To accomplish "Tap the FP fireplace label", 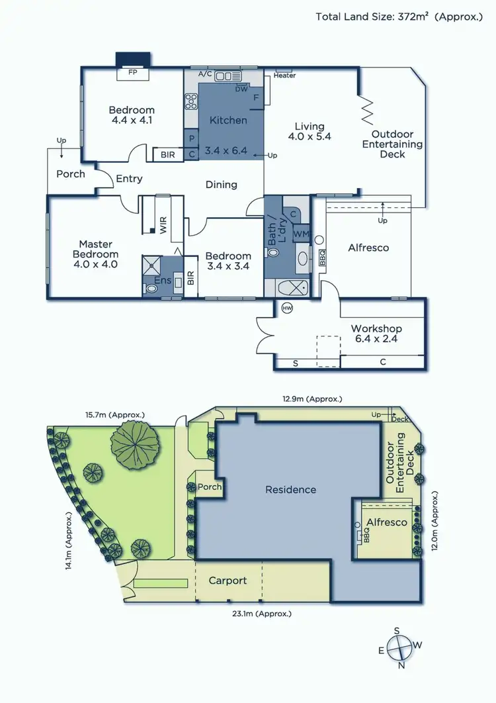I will [x=133, y=73].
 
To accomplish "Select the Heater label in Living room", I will [x=284, y=75].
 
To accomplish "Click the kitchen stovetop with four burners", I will [x=192, y=101].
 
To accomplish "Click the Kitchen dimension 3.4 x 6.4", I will [x=226, y=150].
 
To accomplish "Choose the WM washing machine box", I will [x=301, y=234].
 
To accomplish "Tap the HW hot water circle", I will [x=287, y=308].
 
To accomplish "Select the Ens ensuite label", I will [x=163, y=281].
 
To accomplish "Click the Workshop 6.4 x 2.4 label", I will [x=376, y=334].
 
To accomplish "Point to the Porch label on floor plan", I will [x=71, y=174].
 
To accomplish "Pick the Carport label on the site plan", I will [x=227, y=581].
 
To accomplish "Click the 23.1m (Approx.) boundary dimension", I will [x=259, y=614].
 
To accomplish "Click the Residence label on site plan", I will [x=290, y=490].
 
